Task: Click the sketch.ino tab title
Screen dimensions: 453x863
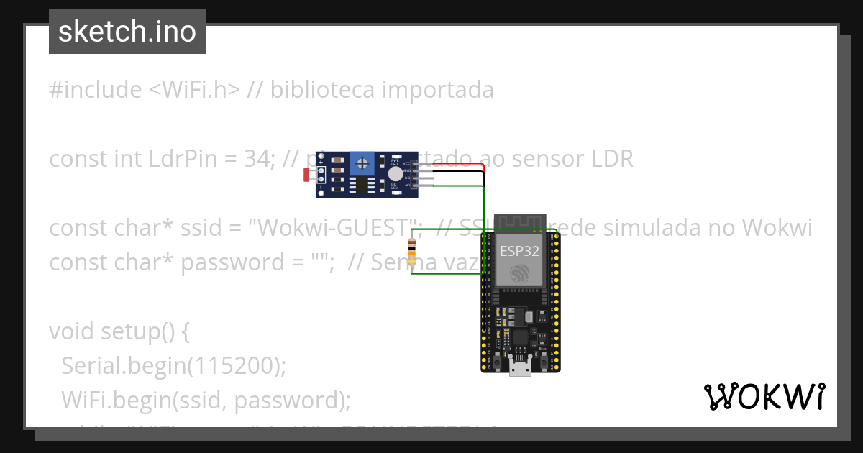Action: (127, 32)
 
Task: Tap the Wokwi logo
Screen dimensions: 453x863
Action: (764, 396)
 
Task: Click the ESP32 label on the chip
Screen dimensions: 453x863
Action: (519, 251)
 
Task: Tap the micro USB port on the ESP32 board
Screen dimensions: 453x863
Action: (519, 367)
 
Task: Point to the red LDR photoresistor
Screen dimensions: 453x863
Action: (307, 174)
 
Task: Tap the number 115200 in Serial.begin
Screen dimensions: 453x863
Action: (234, 366)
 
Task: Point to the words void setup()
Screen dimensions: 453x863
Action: (119, 331)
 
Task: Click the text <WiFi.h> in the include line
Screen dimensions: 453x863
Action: (194, 90)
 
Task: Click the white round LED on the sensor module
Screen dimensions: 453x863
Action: (395, 173)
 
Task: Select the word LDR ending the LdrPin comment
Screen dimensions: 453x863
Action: (611, 159)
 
